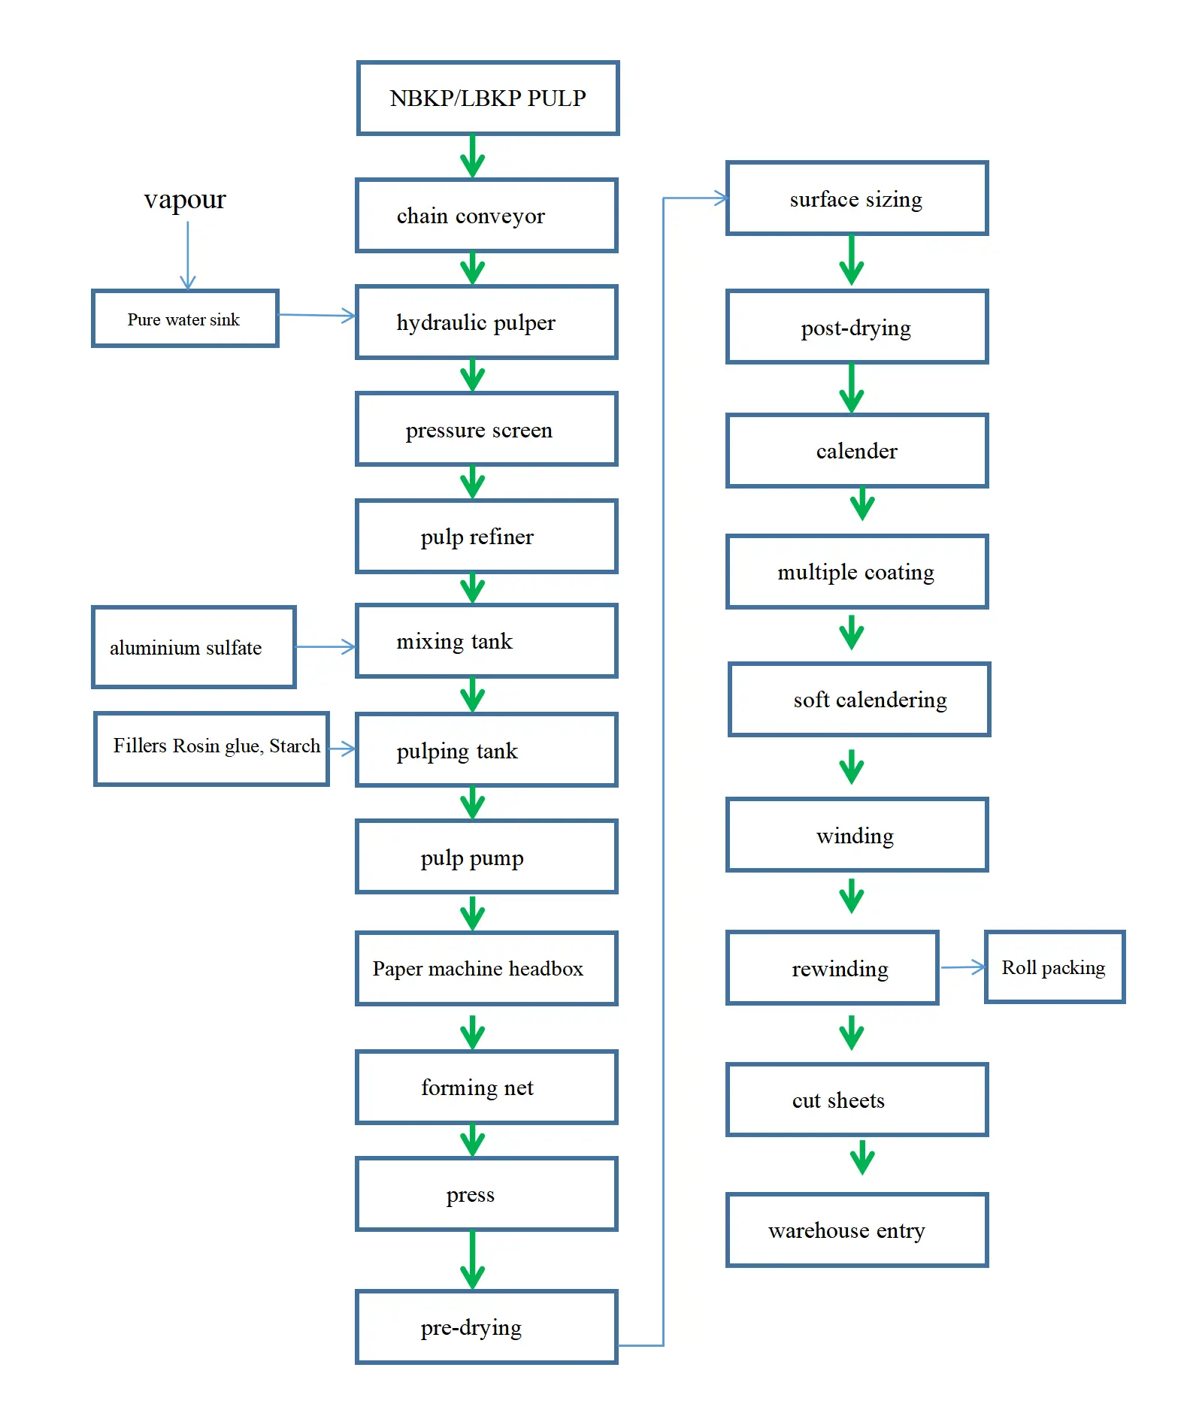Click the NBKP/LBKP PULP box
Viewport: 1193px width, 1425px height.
pyautogui.click(x=487, y=98)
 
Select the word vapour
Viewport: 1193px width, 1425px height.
pyautogui.click(x=185, y=200)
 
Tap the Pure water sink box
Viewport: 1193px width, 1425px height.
pyautogui.click(x=185, y=319)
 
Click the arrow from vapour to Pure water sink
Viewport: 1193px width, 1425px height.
pyautogui.click(x=188, y=256)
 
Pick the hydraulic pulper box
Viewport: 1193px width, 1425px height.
pyautogui.click(x=486, y=322)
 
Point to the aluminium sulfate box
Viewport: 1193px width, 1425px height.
pyautogui.click(x=193, y=647)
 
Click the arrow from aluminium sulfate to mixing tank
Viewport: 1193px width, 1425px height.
pyautogui.click(x=325, y=646)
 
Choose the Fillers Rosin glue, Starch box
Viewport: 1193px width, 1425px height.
pyautogui.click(x=211, y=749)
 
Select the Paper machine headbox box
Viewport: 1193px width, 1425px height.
pyautogui.click(x=486, y=969)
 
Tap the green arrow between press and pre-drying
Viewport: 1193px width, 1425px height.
pyautogui.click(x=472, y=1260)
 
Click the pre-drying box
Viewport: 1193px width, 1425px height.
pyautogui.click(x=486, y=1327)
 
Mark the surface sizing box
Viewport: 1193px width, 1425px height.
pyautogui.click(x=856, y=199)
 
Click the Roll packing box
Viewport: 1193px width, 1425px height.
pyautogui.click(x=1054, y=967)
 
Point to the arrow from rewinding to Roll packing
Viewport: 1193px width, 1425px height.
pyautogui.click(x=962, y=967)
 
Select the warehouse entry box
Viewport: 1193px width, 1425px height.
pyautogui.click(x=856, y=1230)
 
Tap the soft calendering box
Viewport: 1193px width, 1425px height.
pyautogui.click(x=859, y=700)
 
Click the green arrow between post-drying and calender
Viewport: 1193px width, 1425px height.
pyautogui.click(x=851, y=389)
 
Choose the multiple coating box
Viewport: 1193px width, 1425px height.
pyautogui.click(x=856, y=572)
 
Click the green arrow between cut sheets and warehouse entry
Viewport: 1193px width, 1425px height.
pyautogui.click(x=862, y=1158)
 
